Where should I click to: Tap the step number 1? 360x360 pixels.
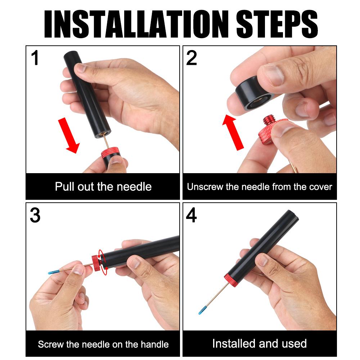coord(35,58)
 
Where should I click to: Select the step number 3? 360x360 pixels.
coord(35,215)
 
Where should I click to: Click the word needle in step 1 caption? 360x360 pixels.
coord(134,186)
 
